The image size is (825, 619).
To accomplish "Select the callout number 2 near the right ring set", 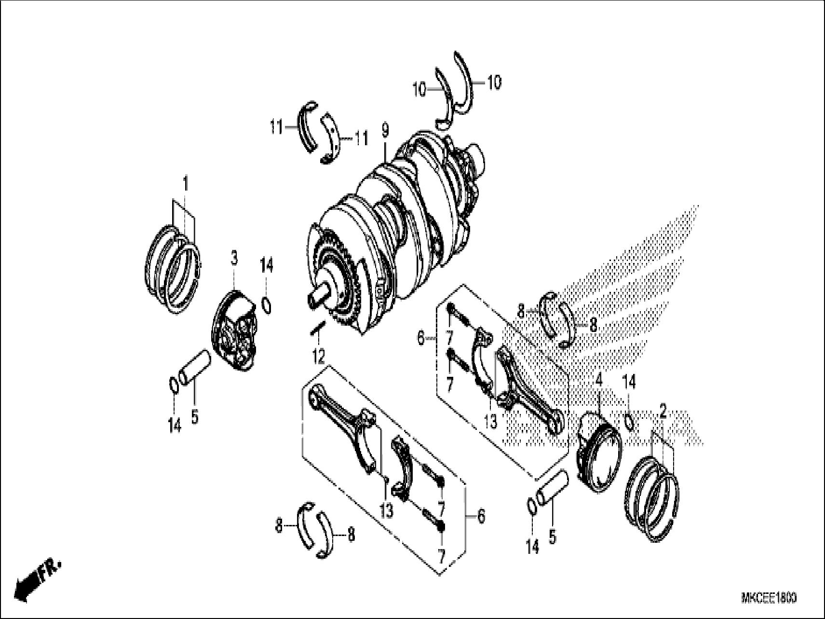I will pos(663,412).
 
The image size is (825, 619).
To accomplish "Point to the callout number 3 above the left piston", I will pos(234,260).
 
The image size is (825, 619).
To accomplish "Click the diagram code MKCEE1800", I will pos(768,598).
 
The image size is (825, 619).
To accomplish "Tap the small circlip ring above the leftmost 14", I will pos(175,385).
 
